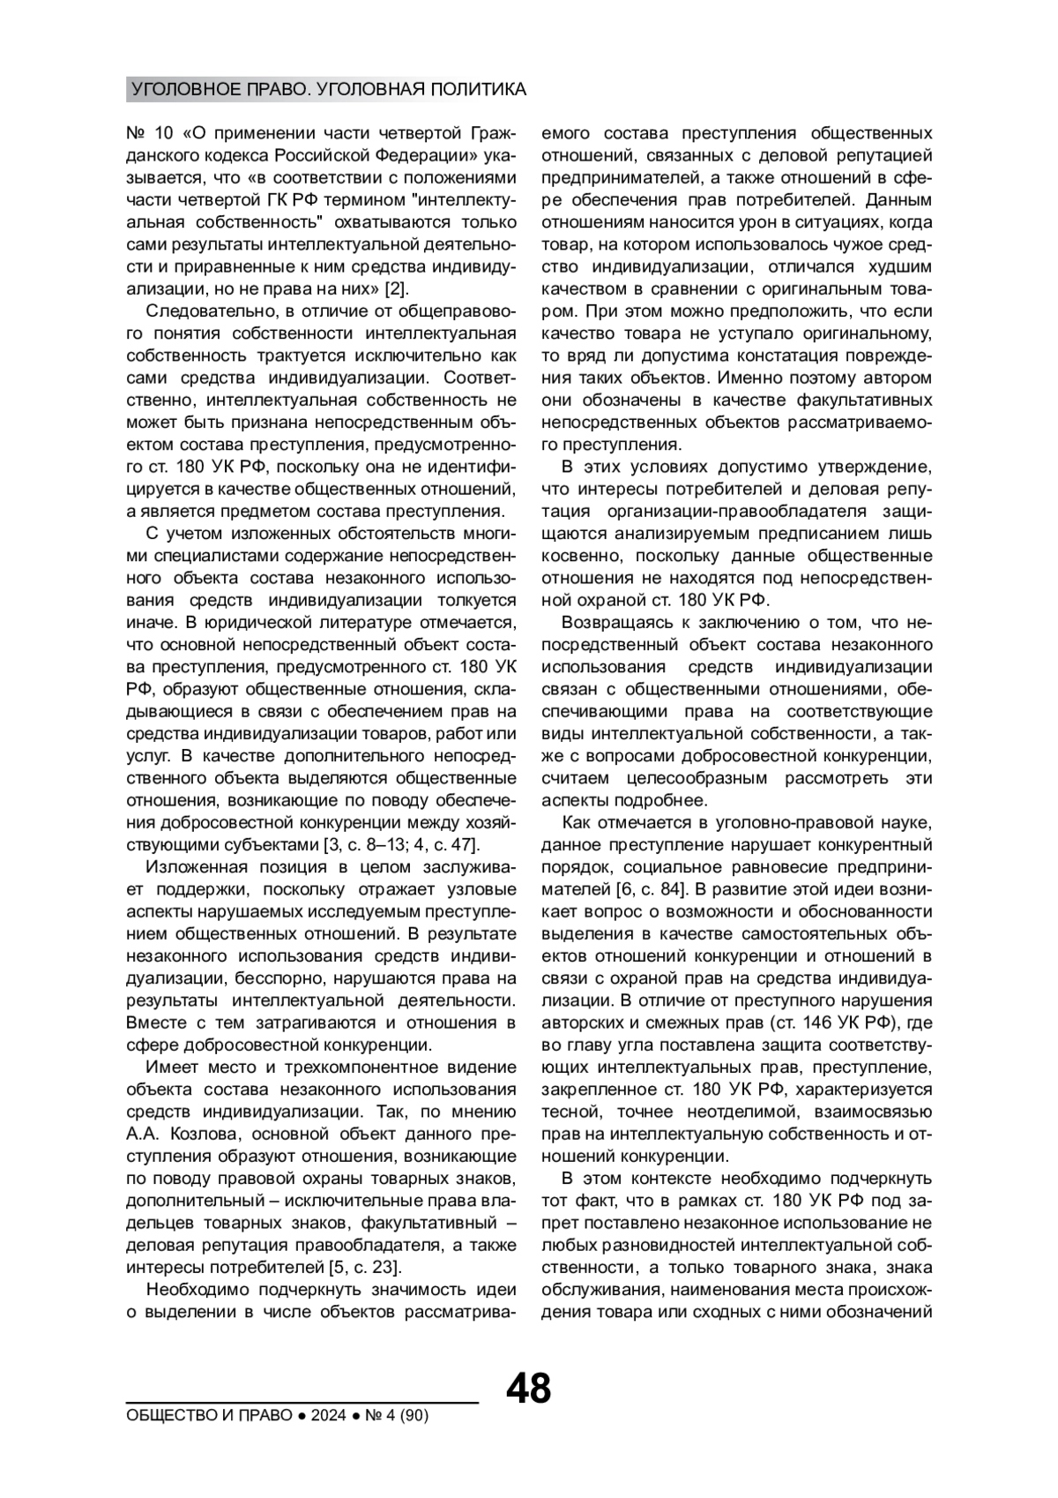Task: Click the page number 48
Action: pos(528,1389)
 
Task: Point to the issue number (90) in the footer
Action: pos(414,1415)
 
